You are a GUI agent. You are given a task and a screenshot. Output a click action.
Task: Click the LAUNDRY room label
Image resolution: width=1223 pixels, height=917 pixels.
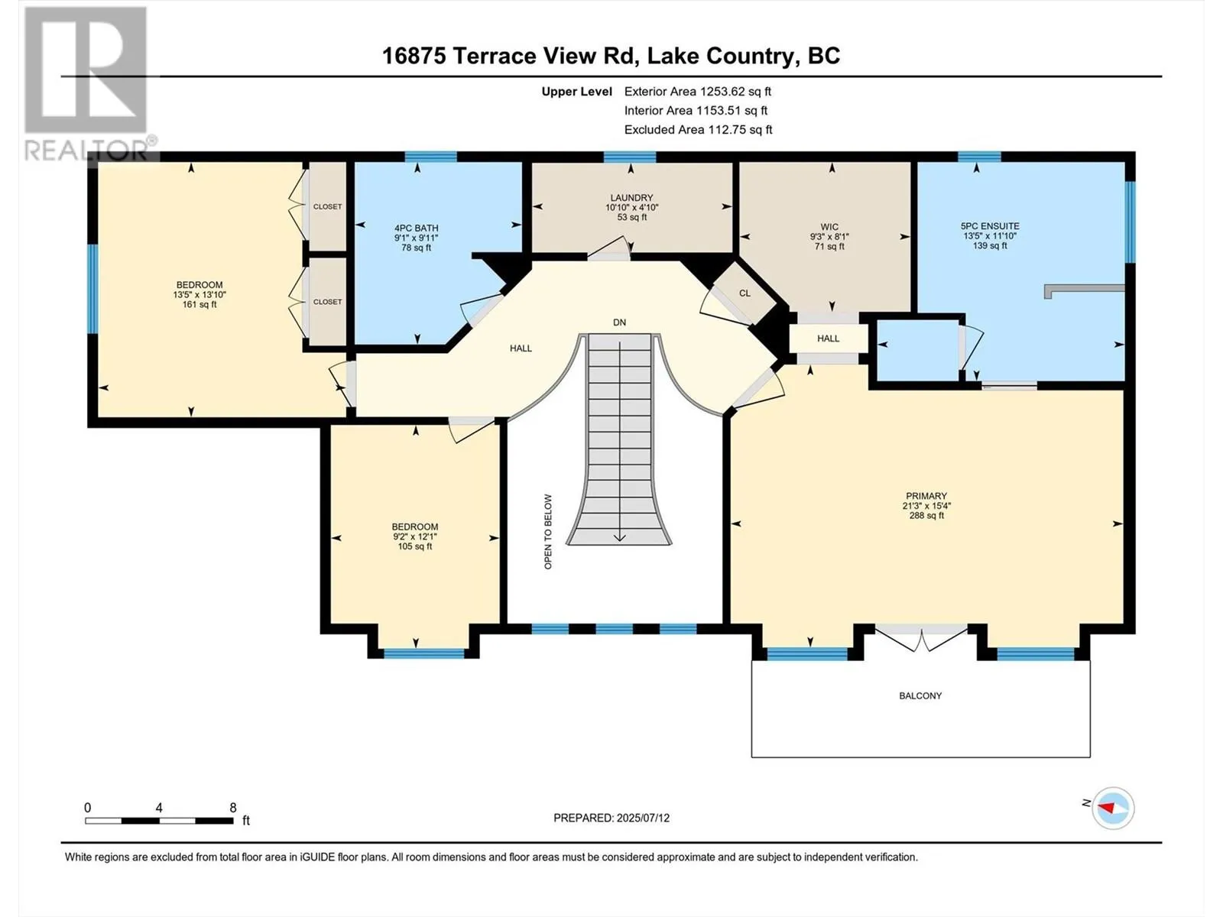(631, 198)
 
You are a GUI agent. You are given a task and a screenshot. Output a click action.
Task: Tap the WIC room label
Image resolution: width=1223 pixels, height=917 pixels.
(829, 227)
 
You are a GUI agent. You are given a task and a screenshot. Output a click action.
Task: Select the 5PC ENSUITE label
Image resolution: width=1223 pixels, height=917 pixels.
(990, 226)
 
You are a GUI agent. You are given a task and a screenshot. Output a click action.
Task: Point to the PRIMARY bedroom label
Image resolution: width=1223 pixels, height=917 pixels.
(926, 496)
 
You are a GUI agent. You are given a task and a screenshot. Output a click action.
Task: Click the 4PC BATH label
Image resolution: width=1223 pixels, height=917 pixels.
(417, 228)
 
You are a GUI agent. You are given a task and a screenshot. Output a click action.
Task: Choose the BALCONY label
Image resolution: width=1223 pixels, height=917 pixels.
(920, 696)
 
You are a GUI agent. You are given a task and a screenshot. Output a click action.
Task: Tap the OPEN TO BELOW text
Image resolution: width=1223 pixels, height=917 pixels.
(548, 532)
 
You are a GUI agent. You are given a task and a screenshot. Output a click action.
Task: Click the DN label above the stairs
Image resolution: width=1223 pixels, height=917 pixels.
(620, 322)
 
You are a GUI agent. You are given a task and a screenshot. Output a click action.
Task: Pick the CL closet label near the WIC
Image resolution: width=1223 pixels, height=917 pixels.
(745, 293)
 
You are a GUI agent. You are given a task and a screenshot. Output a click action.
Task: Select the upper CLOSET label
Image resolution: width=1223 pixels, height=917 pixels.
(328, 206)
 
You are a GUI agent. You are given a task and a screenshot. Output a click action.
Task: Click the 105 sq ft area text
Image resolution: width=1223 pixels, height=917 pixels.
(414, 546)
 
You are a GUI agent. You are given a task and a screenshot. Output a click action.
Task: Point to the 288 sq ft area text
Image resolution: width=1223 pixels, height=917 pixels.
(926, 516)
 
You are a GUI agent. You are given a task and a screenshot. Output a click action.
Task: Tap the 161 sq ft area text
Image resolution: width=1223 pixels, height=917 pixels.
(200, 305)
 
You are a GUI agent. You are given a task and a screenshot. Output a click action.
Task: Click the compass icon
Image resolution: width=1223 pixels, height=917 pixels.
(1113, 808)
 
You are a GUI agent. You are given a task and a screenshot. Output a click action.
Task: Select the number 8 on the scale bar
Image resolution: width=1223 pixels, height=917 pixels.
(233, 807)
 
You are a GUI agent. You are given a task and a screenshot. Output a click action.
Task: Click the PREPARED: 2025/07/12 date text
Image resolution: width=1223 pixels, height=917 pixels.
(611, 818)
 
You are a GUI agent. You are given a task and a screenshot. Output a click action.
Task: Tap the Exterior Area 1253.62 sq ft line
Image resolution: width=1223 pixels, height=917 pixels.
(698, 92)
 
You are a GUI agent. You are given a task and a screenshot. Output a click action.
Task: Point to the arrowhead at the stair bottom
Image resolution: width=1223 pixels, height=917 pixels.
(620, 537)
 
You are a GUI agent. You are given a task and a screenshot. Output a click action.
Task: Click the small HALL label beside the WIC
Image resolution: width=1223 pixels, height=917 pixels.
(828, 339)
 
